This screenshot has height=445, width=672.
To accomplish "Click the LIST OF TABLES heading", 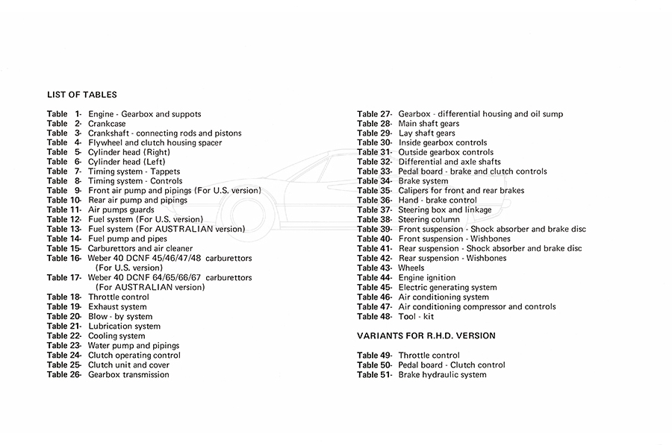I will tap(81, 95).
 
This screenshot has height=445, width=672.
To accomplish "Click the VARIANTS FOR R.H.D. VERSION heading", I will tap(426, 335).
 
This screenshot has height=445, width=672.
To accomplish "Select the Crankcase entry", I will tap(108, 123).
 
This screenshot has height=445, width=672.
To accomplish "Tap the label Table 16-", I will tap(63, 258).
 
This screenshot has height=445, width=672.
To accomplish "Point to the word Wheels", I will tap(411, 268).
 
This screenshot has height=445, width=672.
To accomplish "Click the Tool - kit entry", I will tap(415, 316).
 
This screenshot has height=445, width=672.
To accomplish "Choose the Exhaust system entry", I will tap(117, 306).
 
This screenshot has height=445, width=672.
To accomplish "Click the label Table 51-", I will tap(374, 374).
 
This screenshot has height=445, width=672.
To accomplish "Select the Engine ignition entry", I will tap(426, 277).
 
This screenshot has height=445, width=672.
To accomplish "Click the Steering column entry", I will tap(429, 219).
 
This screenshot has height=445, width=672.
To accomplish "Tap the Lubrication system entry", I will tap(124, 326).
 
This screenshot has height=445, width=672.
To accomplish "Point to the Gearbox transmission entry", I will tap(128, 374).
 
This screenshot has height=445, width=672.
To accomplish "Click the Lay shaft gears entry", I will tap(426, 133).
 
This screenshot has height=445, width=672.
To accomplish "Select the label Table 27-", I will tap(374, 114).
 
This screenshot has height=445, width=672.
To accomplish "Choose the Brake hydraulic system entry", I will tap(442, 374).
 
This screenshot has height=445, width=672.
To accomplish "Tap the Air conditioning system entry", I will tap(444, 297).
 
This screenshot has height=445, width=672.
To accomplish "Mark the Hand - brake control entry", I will tap(437, 200).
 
